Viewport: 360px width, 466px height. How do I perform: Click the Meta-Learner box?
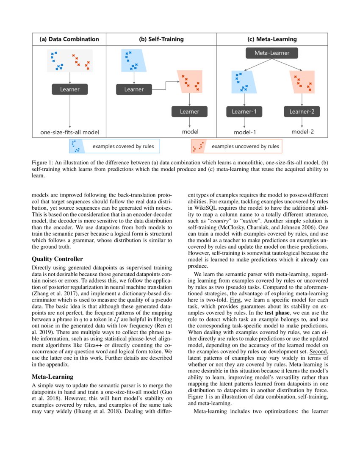[272, 53]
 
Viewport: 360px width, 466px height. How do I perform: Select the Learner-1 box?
[244, 112]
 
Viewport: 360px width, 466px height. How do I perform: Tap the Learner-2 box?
[302, 112]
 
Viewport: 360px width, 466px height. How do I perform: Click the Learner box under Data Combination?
[69, 89]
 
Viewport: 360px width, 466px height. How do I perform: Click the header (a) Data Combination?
[69, 39]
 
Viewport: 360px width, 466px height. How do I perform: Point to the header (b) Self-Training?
[161, 39]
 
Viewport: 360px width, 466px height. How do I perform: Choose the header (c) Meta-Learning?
[272, 39]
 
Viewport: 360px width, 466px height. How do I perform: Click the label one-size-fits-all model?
[69, 132]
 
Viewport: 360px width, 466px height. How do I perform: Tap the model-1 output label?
[245, 132]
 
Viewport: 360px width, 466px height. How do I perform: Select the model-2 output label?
[302, 132]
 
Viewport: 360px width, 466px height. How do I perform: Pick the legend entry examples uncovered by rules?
[245, 147]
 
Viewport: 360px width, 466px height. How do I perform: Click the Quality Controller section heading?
[57, 259]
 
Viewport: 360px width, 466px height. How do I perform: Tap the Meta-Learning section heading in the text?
[53, 376]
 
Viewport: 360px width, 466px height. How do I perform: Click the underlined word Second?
[318, 352]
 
